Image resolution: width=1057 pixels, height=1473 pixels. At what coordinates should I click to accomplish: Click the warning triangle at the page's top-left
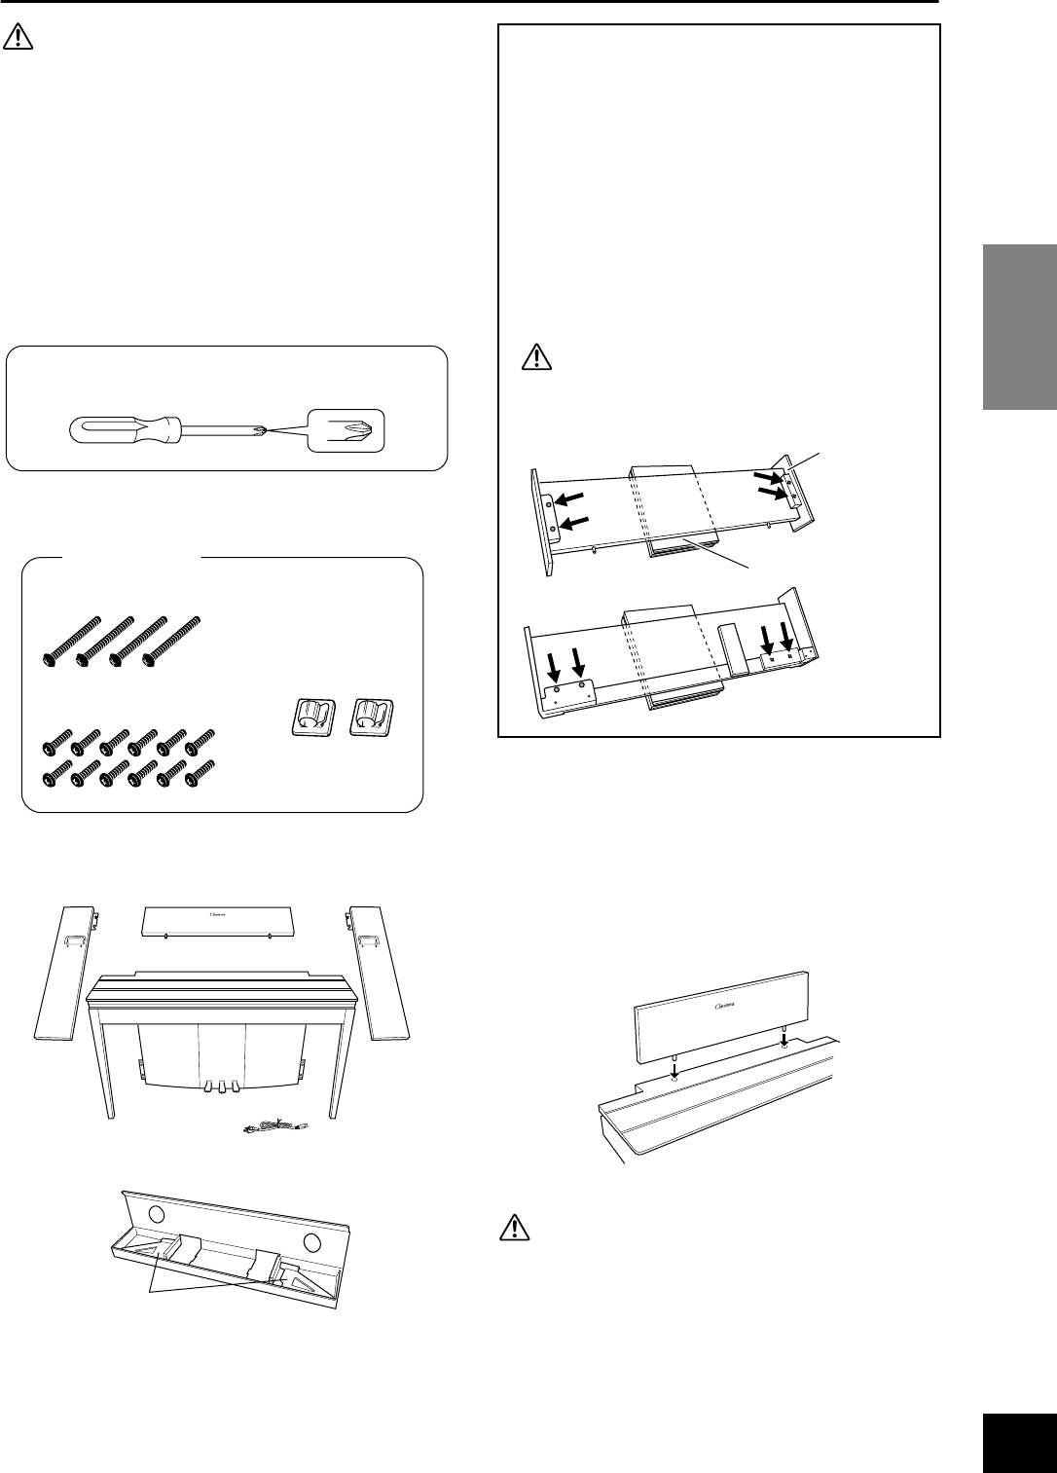[18, 38]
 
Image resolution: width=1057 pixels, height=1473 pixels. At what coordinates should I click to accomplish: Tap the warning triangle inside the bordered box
[536, 357]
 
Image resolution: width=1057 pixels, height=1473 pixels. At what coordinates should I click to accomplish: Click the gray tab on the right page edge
[1019, 327]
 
